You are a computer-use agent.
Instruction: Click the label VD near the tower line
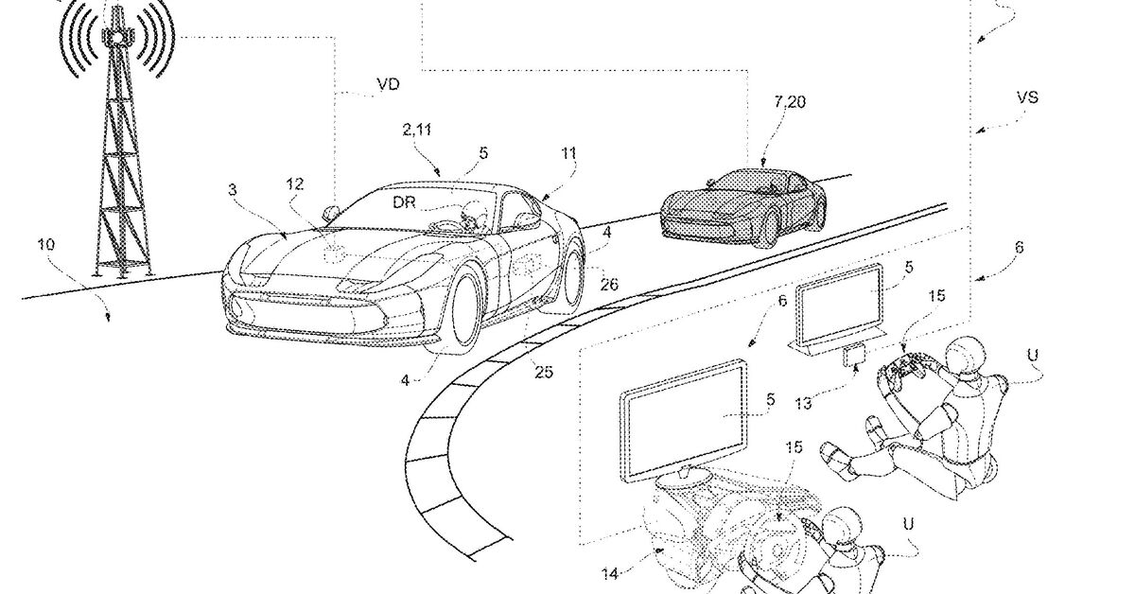388,84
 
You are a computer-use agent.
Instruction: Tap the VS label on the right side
1028,97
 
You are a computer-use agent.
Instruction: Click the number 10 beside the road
46,246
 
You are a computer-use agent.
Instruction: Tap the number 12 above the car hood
295,185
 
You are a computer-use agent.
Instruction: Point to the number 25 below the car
544,372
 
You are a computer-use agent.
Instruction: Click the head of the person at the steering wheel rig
841,529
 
